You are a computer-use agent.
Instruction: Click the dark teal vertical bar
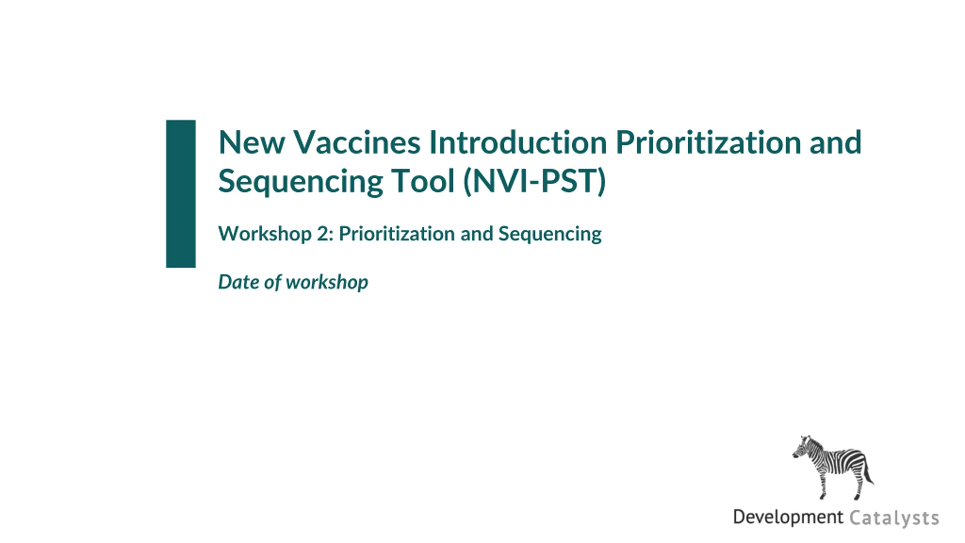click(x=181, y=194)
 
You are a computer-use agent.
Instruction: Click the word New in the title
click(x=251, y=143)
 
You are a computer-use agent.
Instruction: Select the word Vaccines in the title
click(x=357, y=143)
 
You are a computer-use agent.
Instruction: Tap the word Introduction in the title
click(x=518, y=143)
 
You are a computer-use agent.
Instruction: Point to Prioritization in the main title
click(x=708, y=143)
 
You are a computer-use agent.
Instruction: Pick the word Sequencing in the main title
click(x=300, y=182)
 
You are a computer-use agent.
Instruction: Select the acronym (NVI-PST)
click(x=535, y=182)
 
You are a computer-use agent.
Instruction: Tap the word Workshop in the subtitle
click(x=265, y=233)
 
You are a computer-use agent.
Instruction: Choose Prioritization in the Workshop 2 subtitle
click(x=397, y=234)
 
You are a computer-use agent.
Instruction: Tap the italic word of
click(x=273, y=282)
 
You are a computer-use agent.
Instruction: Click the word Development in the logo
click(x=788, y=517)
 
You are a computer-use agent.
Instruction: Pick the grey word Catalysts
click(x=894, y=518)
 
